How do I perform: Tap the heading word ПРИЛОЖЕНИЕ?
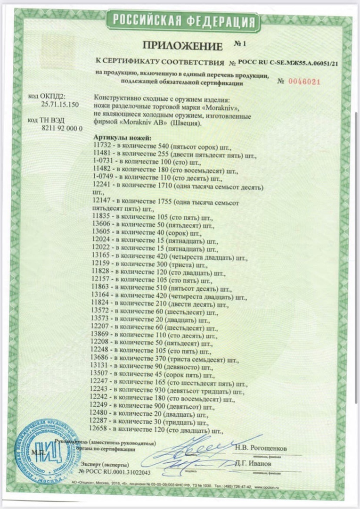pyautogui.click(x=182, y=46)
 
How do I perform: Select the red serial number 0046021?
pyautogui.click(x=305, y=82)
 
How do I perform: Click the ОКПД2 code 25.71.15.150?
pyautogui.click(x=60, y=105)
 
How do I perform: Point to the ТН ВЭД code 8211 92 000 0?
pyautogui.click(x=62, y=128)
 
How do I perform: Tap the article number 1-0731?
pyautogui.click(x=104, y=162)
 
